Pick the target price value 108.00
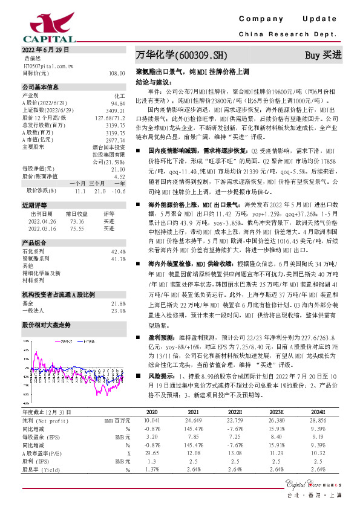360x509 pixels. click(117, 73)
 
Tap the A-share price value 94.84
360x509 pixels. click(118, 103)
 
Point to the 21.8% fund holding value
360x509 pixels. click(118, 303)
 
